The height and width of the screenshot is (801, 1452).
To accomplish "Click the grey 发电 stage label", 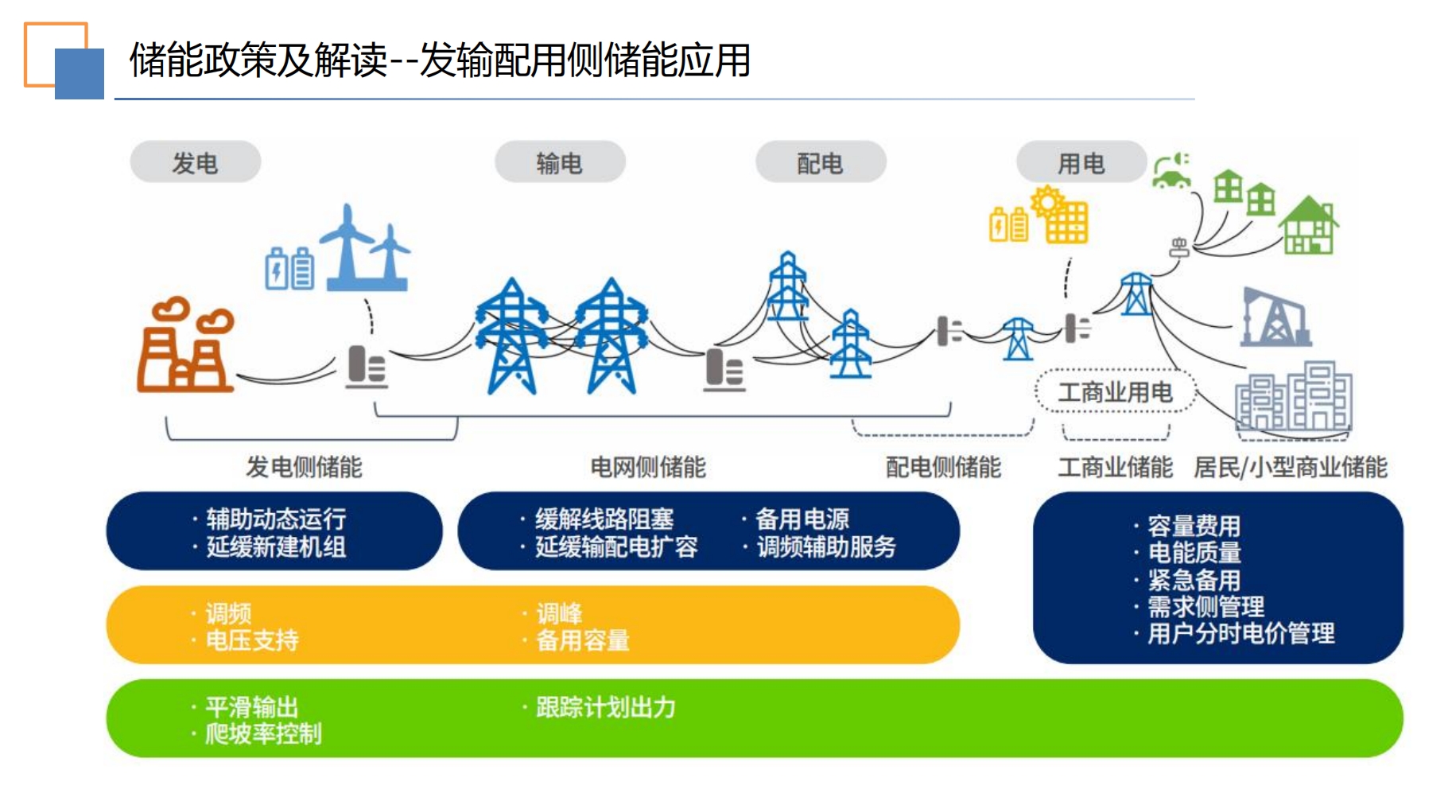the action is pyautogui.click(x=196, y=162).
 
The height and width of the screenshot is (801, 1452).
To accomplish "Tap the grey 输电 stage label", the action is pyautogui.click(x=560, y=162).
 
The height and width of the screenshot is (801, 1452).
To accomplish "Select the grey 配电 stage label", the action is pyautogui.click(x=821, y=162).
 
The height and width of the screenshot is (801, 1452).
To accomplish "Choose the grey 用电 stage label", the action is pyautogui.click(x=1081, y=162).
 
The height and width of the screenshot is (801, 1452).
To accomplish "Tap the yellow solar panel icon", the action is pyautogui.click(x=1060, y=214).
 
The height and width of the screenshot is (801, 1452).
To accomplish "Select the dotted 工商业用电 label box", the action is pyautogui.click(x=1116, y=391).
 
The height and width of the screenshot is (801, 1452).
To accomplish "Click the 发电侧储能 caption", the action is pyautogui.click(x=304, y=467).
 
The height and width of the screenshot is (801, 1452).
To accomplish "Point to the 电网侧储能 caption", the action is pyautogui.click(x=648, y=467).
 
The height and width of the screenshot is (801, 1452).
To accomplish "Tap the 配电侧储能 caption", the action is pyautogui.click(x=943, y=467).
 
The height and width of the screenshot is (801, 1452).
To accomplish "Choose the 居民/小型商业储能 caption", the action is pyautogui.click(x=1291, y=467).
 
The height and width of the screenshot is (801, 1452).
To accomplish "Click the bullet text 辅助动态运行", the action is pyautogui.click(x=276, y=519).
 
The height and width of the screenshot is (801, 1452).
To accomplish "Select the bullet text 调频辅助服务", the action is pyautogui.click(x=826, y=546).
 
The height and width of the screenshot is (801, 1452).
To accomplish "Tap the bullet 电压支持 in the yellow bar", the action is pyautogui.click(x=252, y=640).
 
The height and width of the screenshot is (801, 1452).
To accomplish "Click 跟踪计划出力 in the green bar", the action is pyautogui.click(x=606, y=707).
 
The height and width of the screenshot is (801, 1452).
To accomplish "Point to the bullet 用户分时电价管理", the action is pyautogui.click(x=1241, y=633).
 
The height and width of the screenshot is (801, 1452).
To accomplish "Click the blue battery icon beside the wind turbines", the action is pyautogui.click(x=289, y=269).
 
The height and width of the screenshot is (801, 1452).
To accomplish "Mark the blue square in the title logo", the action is pyautogui.click(x=80, y=74).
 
